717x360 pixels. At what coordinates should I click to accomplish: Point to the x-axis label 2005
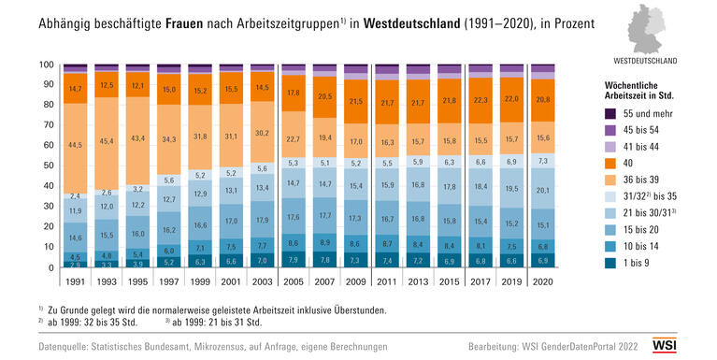click(x=293, y=280)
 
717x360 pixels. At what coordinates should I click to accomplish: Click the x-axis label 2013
click(x=417, y=280)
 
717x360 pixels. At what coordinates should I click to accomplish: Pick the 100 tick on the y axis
click(x=45, y=65)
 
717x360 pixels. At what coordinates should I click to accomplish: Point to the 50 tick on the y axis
click(x=47, y=166)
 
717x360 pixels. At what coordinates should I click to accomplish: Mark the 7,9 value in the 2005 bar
click(x=293, y=259)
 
